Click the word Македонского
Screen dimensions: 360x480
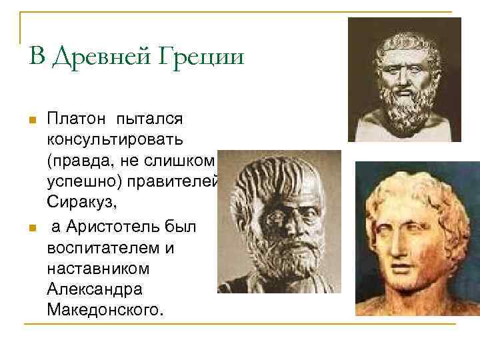click(103, 311)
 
